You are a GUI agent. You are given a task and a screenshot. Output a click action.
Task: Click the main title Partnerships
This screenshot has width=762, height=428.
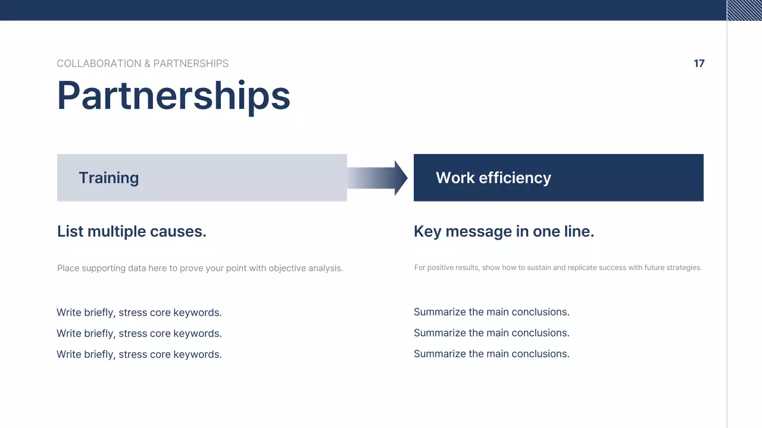click(x=173, y=96)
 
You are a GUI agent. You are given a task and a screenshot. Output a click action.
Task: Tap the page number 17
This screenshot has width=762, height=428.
click(x=699, y=64)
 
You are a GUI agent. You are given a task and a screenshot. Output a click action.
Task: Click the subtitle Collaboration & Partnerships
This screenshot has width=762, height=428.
click(x=142, y=64)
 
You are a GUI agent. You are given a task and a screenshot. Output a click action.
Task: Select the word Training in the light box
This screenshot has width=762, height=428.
click(x=108, y=178)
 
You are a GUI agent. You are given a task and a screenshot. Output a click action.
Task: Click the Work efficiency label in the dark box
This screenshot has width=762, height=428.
click(x=493, y=178)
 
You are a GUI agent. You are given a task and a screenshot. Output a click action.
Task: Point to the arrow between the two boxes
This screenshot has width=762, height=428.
click(x=377, y=178)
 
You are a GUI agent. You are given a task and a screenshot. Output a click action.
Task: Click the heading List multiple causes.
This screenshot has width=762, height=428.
click(x=132, y=231)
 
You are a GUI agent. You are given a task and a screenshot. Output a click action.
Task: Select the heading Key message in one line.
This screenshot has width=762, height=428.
click(x=504, y=231)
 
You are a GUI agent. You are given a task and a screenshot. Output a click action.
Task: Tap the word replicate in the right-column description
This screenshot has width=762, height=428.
click(x=584, y=267)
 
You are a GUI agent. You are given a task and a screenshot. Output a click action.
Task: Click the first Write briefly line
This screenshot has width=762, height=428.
click(x=139, y=313)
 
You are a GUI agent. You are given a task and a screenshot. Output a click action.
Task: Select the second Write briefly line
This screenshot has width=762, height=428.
click(x=139, y=333)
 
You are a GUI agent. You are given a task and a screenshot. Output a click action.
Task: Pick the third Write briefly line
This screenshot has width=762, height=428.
click(x=139, y=354)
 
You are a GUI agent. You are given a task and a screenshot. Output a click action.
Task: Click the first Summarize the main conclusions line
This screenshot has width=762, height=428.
click(x=491, y=312)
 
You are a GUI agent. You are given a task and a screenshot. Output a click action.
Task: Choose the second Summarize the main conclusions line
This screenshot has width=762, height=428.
click(x=491, y=333)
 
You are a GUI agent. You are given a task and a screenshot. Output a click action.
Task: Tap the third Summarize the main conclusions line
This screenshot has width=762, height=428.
click(x=491, y=354)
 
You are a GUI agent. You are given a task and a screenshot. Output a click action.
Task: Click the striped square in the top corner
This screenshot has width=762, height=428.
click(x=744, y=10)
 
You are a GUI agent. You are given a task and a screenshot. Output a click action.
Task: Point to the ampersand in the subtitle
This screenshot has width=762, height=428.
click(x=147, y=64)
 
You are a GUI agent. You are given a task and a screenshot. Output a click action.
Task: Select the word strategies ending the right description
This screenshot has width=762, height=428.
click(x=686, y=267)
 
